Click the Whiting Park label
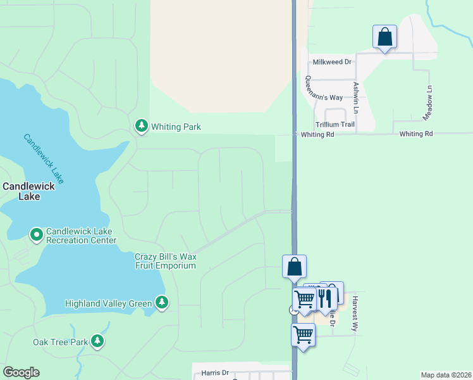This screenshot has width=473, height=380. click(x=176, y=127)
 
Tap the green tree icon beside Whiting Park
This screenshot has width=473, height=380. click(x=142, y=127)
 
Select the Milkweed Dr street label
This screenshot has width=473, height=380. click(x=332, y=62)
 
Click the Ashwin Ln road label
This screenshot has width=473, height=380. click(x=357, y=94)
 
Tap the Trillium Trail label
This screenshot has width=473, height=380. click(x=335, y=125)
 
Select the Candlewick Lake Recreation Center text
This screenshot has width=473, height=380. click(x=81, y=236)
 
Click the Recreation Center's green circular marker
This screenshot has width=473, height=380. click(x=37, y=235)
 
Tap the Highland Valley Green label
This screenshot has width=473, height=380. click(x=109, y=303)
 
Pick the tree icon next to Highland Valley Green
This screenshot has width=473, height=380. click(x=163, y=303)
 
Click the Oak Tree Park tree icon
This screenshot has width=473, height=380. click(x=97, y=342)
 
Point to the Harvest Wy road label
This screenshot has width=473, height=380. click(x=355, y=313)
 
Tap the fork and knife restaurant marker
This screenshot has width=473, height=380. click(x=324, y=297)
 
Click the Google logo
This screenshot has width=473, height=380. click(x=21, y=372)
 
